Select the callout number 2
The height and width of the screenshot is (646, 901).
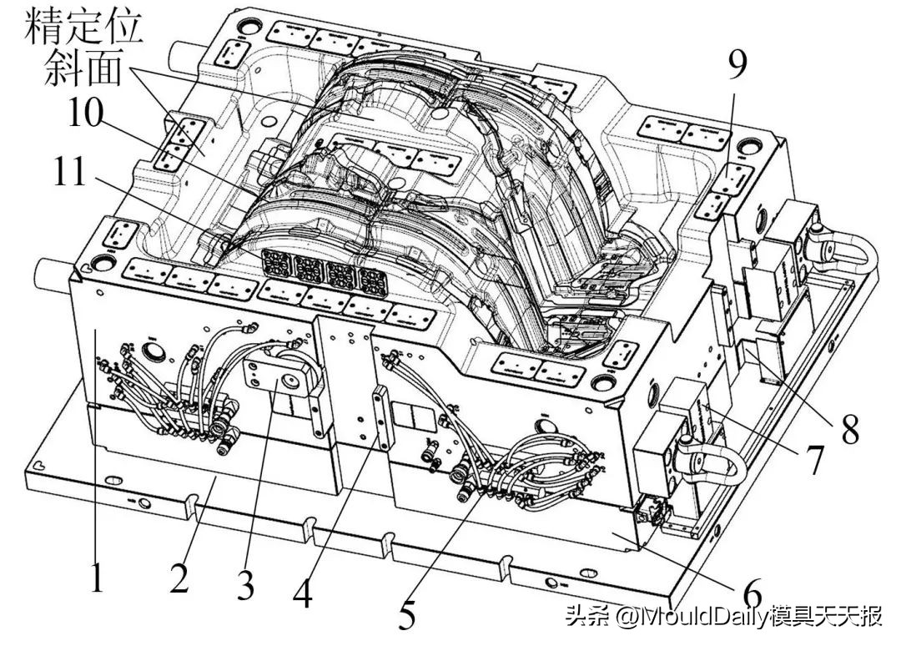pos(179,578)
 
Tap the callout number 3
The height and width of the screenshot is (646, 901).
pos(244,585)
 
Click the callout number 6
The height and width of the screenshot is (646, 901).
pos(753,590)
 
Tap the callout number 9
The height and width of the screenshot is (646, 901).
pos(736,65)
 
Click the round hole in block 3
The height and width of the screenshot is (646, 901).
pos(289,381)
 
